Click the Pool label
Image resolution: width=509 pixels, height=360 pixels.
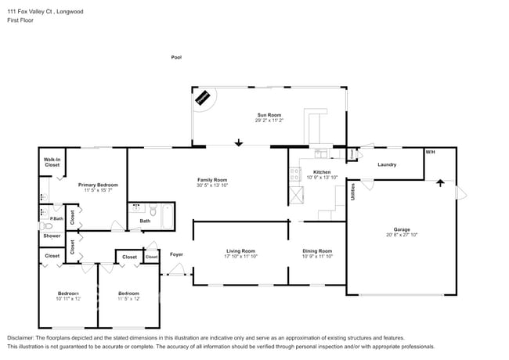[176, 57]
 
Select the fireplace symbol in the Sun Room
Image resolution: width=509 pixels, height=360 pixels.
[204, 98]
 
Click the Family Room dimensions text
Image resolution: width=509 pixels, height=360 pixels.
[211, 185]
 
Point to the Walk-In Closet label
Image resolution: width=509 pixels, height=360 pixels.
[52, 163]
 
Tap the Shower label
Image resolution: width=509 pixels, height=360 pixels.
[52, 236]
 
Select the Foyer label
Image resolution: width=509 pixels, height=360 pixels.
[176, 255]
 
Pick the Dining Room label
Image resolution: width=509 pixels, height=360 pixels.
[318, 250]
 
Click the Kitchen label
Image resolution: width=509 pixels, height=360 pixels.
[322, 171]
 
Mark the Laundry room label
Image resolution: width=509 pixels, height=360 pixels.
[387, 165]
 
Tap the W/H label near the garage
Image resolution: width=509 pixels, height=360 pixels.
[430, 151]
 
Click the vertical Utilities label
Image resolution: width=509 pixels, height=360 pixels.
[353, 192]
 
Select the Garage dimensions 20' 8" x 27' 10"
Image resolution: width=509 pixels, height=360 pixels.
[400, 235]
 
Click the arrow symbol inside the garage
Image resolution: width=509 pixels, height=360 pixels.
[439, 184]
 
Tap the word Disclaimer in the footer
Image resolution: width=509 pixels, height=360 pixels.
[21, 337]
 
